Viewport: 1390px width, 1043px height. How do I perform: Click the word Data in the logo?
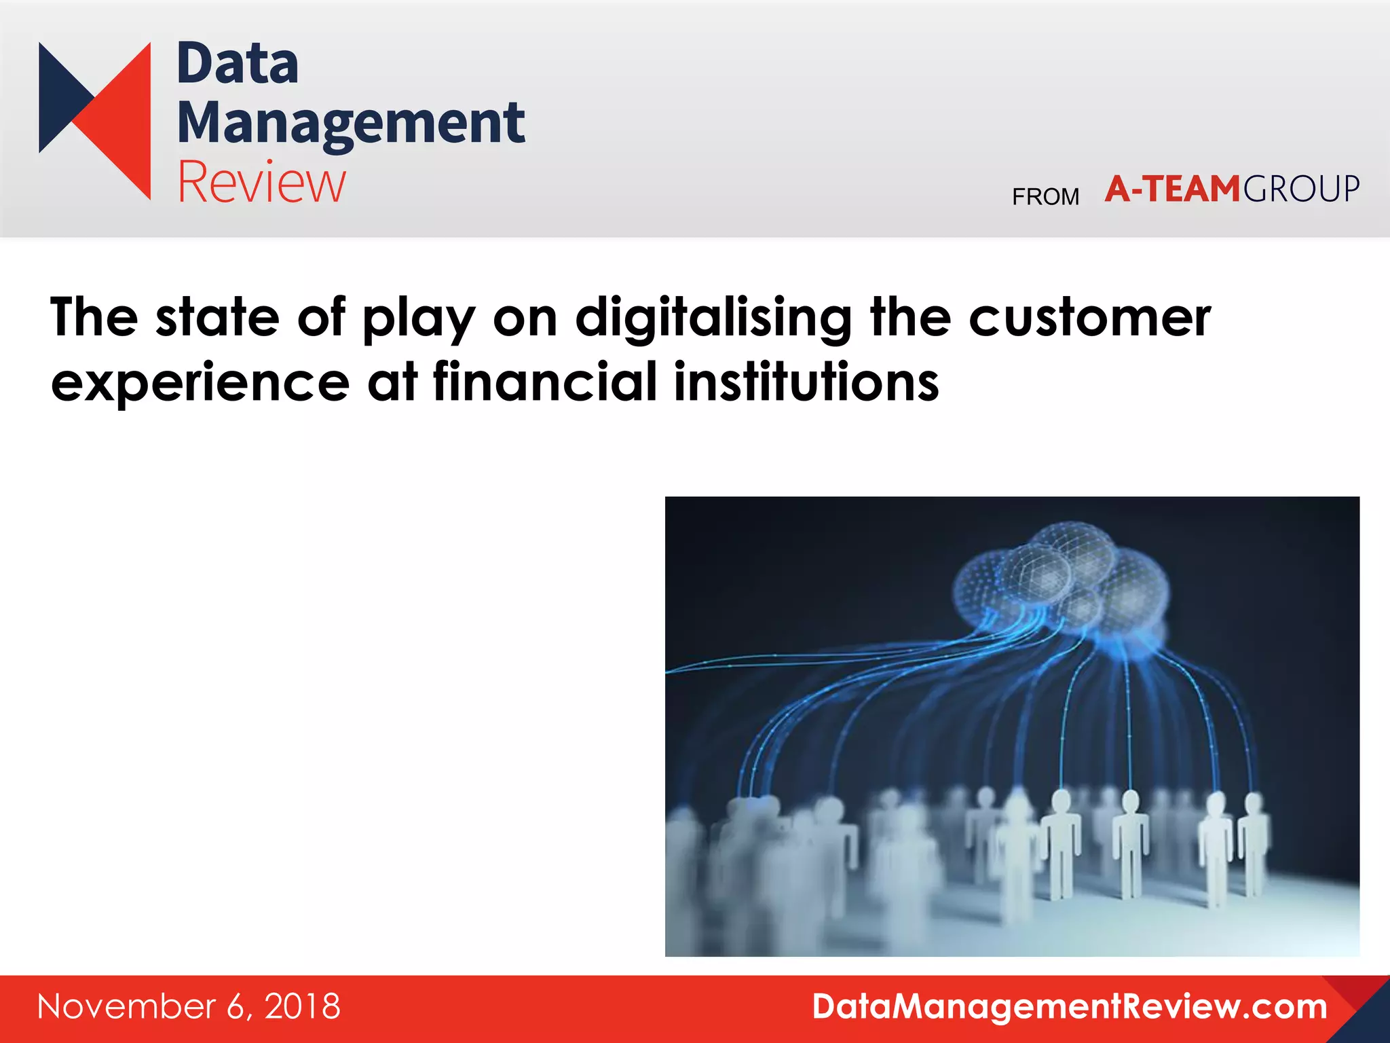pos(238,64)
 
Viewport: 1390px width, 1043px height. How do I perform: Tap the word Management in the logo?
pos(351,124)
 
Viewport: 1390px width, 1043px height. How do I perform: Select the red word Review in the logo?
pos(261,182)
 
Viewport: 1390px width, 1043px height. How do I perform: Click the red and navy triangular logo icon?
pos(95,121)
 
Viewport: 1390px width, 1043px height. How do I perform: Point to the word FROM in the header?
pos(1045,197)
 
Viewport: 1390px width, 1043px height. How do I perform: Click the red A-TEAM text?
pos(1172,189)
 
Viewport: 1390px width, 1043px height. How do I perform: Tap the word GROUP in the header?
pos(1301,189)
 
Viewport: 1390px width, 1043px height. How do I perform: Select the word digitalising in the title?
pos(713,318)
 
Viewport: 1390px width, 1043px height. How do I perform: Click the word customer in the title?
pos(1089,318)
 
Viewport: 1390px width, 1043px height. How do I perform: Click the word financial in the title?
pos(545,382)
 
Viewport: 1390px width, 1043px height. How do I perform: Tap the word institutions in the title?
pos(806,382)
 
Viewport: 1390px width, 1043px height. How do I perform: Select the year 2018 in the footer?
pos(303,1006)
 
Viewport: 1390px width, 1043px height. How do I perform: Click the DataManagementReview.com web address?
pos(1070,1006)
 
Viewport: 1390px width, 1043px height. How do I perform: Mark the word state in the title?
pos(217,318)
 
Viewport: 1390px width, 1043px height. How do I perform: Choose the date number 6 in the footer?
pos(235,1006)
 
